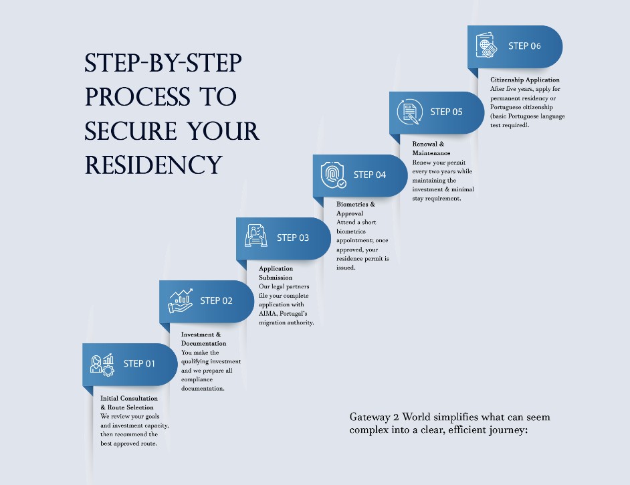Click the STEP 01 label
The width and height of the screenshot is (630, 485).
click(x=139, y=364)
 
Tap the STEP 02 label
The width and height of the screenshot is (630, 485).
click(x=216, y=301)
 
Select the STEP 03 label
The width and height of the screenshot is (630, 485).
click(x=293, y=237)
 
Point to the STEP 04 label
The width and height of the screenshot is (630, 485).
click(x=370, y=175)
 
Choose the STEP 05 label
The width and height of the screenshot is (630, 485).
click(x=446, y=112)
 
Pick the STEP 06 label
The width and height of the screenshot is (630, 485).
click(x=524, y=46)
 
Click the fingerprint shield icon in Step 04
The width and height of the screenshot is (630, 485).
click(x=333, y=175)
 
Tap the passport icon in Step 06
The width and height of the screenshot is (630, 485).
click(x=486, y=46)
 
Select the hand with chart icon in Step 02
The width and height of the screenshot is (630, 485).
click(x=180, y=301)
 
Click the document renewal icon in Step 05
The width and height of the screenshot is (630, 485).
click(x=409, y=112)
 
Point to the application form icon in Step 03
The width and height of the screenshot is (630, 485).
click(x=256, y=237)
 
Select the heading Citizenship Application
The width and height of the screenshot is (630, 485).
click(x=525, y=80)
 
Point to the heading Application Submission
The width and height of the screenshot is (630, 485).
click(x=276, y=273)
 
